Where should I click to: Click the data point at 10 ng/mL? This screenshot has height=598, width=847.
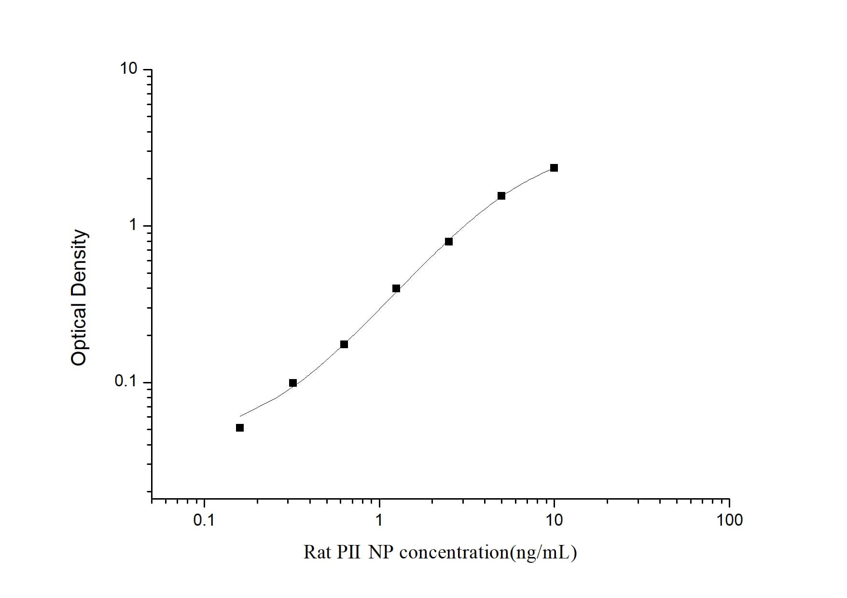[554, 168]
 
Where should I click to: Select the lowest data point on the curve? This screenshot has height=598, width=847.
[240, 428]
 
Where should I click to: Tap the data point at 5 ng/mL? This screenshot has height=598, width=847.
[501, 196]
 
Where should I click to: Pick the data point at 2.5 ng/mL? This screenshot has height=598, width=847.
[449, 242]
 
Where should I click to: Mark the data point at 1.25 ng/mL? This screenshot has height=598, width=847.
[396, 289]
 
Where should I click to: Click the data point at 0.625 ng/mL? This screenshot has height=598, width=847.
[344, 344]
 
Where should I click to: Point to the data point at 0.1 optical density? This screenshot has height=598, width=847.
[293, 383]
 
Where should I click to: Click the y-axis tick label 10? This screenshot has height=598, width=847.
[129, 69]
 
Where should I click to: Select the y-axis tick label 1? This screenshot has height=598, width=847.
[133, 225]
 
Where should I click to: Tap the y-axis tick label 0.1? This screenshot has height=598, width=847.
[125, 381]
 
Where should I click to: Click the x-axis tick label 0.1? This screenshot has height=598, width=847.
[204, 520]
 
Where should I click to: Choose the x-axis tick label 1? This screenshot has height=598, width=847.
[379, 520]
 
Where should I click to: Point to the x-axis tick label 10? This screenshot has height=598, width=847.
[554, 520]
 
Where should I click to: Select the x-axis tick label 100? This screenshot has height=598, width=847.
[729, 520]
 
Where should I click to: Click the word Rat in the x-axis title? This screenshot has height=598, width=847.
[316, 552]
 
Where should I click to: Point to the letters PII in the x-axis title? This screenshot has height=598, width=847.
[348, 552]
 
